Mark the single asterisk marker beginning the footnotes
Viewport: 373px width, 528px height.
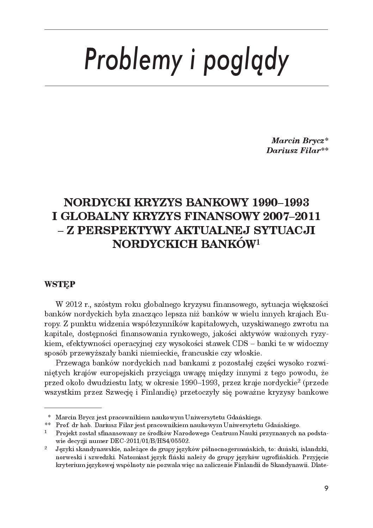49,417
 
